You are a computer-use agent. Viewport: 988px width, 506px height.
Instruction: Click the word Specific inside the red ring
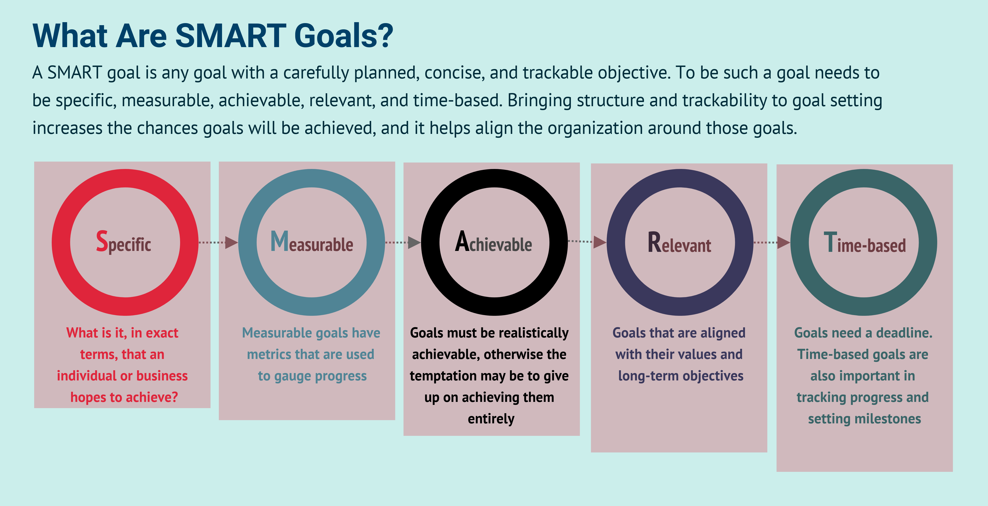123,242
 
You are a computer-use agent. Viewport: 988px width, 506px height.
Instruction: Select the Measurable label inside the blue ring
311,242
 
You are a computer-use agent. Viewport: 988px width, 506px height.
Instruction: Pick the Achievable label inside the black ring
493,242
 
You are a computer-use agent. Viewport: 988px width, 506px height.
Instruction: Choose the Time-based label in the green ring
864,243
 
